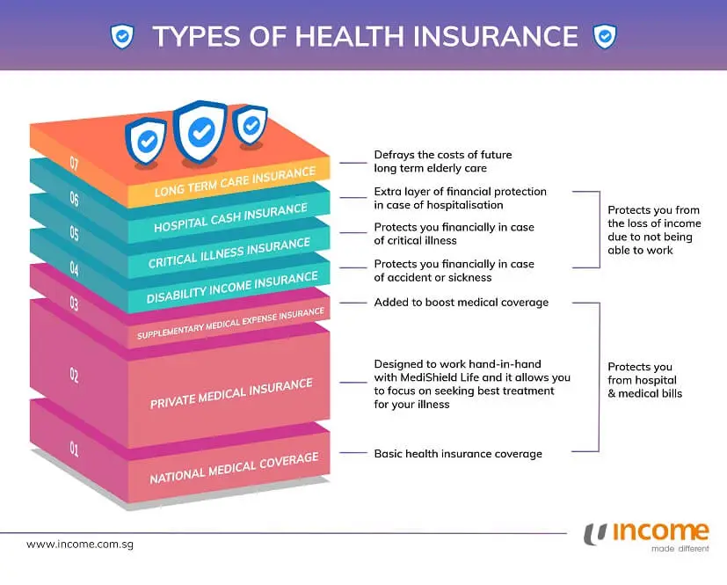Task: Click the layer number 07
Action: tap(74, 163)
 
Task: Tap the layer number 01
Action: tap(74, 450)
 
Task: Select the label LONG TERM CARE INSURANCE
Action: tap(235, 183)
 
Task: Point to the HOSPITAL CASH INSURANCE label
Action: tap(231, 218)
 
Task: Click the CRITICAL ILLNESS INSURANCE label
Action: tap(229, 252)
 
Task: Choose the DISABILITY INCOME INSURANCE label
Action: tap(232, 288)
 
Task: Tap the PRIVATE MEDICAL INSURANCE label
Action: tap(231, 393)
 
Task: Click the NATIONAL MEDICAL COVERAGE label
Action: tap(234, 467)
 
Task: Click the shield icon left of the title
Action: tap(122, 36)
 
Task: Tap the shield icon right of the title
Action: tap(605, 36)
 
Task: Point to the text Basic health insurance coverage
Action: tap(458, 454)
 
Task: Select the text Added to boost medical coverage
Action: tap(461, 303)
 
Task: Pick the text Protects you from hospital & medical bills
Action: tap(644, 380)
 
